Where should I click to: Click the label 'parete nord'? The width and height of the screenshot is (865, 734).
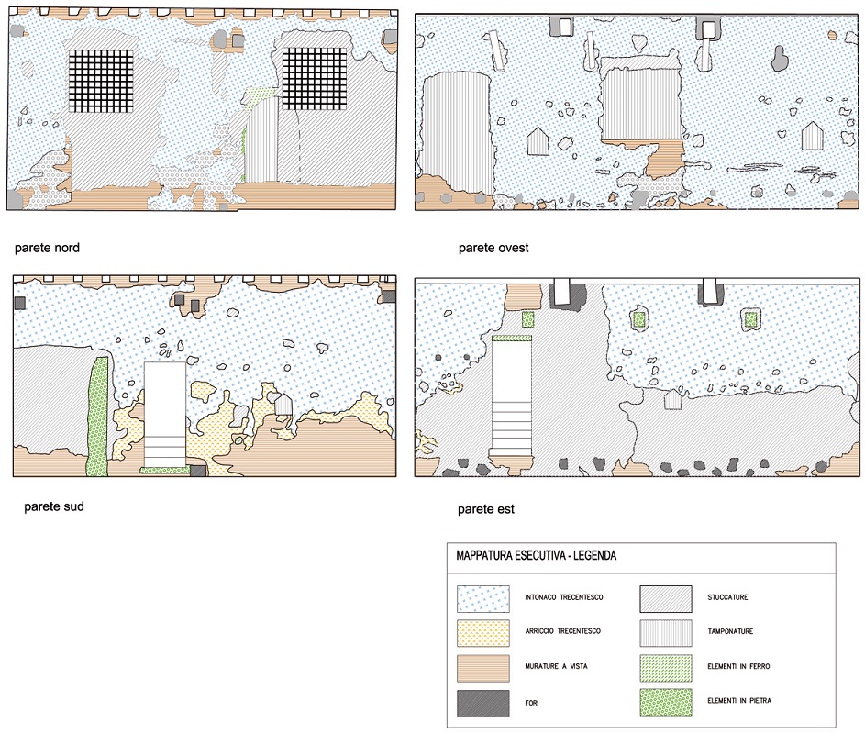coord(46,248)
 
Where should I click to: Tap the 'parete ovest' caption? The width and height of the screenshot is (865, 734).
coord(493,248)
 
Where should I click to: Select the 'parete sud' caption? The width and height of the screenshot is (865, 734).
coord(54,506)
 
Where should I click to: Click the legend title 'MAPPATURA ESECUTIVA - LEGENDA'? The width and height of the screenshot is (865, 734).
coord(537,556)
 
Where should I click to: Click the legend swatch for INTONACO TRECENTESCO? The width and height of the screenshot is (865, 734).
coord(483,598)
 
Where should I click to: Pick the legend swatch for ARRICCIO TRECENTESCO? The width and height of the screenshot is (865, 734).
coord(483,632)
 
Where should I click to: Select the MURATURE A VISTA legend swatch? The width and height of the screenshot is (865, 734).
coord(483,667)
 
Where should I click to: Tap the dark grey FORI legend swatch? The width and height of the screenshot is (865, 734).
coord(483,702)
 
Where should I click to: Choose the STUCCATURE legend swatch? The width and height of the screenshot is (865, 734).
coord(666,598)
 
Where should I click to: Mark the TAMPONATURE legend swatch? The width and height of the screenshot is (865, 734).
coord(666,632)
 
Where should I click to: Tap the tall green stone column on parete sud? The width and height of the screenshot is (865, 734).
coord(96,415)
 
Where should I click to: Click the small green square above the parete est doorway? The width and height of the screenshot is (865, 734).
coord(527,319)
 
